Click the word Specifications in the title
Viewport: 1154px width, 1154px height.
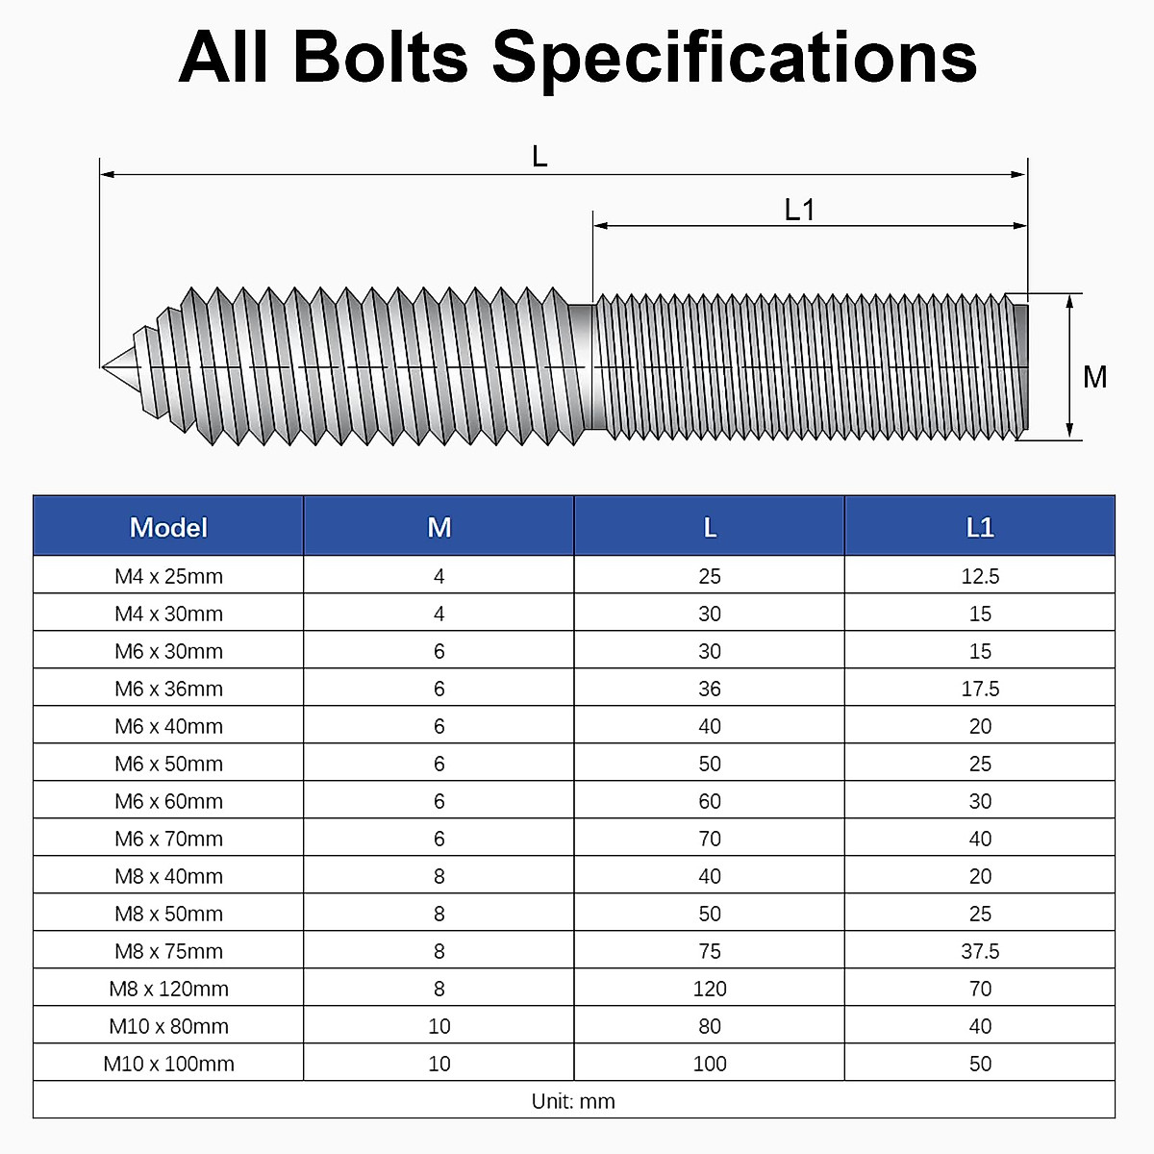click(x=734, y=60)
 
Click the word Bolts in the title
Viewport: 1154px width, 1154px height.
click(x=381, y=57)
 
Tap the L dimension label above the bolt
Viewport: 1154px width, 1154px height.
click(x=539, y=157)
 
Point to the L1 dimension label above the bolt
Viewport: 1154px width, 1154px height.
click(x=799, y=211)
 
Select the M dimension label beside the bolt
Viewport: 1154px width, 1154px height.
click(x=1094, y=377)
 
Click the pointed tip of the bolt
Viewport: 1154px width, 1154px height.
click(x=103, y=365)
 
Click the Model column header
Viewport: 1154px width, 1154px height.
click(x=168, y=528)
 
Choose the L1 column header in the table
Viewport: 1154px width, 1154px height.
click(x=980, y=528)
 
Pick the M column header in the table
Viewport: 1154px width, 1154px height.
click(x=439, y=528)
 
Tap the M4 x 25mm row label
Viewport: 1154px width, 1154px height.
click(x=168, y=576)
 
